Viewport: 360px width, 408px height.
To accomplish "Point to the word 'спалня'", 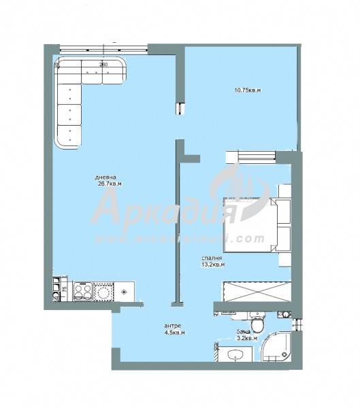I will [x=211, y=258].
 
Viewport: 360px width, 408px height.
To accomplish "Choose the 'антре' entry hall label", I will [x=173, y=326].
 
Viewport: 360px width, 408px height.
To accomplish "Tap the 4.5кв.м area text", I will [x=174, y=333].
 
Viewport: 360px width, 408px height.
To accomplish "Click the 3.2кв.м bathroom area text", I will [x=245, y=338].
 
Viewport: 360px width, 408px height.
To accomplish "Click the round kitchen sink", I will [x=103, y=291].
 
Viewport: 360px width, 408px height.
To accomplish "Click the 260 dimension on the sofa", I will [x=103, y=65].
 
